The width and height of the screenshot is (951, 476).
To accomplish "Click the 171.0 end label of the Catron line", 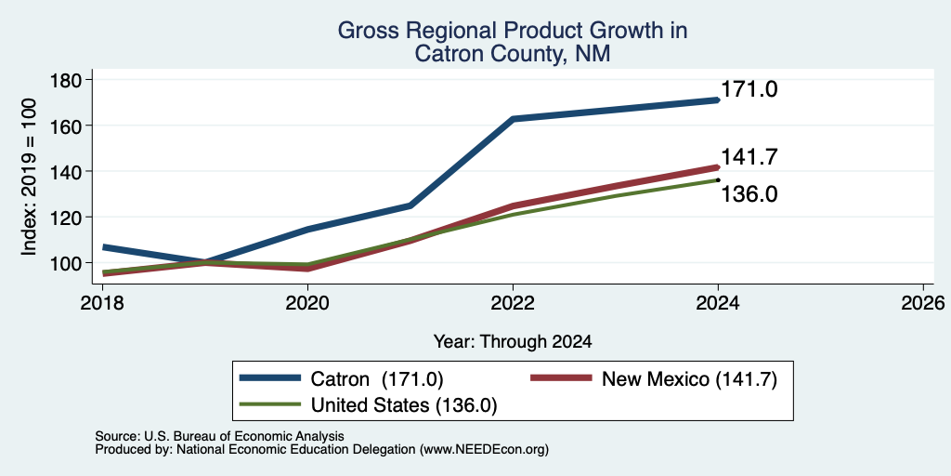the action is point(749,90).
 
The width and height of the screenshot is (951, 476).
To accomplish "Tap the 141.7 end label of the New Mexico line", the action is point(749,157).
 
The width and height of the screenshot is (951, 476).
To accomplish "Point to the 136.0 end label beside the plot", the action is point(749,194).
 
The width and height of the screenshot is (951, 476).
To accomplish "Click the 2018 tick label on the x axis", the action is point(102,303).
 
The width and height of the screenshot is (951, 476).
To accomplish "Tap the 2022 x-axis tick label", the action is point(513,303).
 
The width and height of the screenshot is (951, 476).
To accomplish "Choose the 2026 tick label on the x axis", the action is point(923,303).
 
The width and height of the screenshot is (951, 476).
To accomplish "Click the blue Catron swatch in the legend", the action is point(270,378).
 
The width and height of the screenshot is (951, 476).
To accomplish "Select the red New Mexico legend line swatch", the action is point(561,378).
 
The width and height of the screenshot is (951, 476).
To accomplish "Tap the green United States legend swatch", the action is point(270,404).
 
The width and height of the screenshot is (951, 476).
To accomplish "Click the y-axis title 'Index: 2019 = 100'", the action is point(29,177).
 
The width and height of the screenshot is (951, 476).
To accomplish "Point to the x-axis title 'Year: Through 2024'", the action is point(513,342).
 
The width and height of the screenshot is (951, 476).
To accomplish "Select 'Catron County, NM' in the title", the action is point(513,54).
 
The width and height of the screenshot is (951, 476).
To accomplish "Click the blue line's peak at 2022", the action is point(513,119).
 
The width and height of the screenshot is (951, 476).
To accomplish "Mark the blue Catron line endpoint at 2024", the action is point(717,100).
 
